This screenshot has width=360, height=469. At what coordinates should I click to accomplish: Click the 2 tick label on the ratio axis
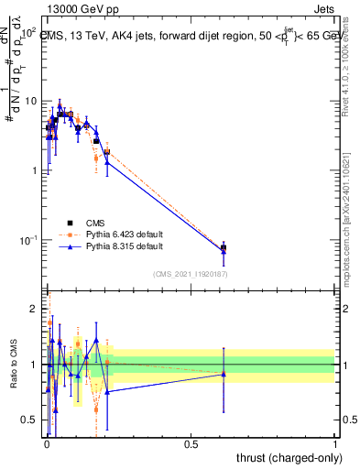point(34,308)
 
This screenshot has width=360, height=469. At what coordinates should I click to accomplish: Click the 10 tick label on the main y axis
point(30,101)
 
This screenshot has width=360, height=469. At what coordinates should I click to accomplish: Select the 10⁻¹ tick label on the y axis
point(28,240)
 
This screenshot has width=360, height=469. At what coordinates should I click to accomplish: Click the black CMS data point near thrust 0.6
point(224,247)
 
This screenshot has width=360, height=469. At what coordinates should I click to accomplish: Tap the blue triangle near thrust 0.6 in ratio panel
point(224,374)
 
